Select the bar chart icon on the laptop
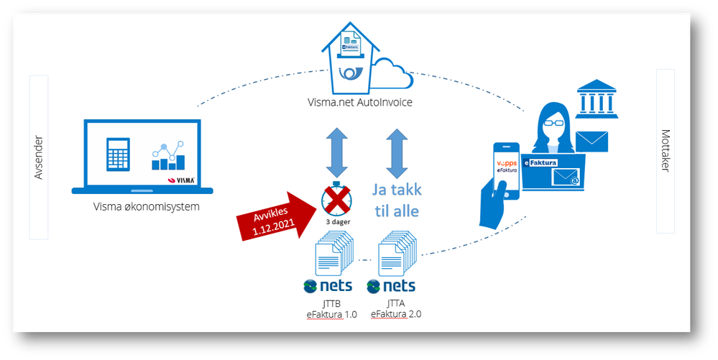click(x=168, y=157)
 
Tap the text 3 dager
click(x=336, y=222)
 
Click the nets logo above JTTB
click(x=328, y=285)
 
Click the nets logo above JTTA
click(x=392, y=285)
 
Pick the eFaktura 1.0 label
click(x=331, y=314)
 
